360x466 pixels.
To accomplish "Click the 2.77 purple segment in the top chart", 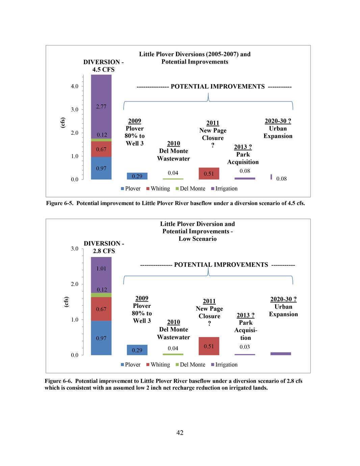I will (x=101, y=106).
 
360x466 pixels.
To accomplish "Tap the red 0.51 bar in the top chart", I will (x=209, y=174).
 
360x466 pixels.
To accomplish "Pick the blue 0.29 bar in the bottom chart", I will (x=137, y=350).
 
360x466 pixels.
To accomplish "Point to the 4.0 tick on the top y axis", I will (x=74, y=86).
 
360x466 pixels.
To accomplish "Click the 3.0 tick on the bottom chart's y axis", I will (x=74, y=249).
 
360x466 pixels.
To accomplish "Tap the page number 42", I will (x=180, y=433).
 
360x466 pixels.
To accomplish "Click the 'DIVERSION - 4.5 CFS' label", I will (x=103, y=66).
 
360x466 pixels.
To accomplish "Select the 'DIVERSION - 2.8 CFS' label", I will (x=104, y=247).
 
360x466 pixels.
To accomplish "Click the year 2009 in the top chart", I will (x=134, y=121).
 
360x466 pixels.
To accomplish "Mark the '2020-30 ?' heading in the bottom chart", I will (x=283, y=299).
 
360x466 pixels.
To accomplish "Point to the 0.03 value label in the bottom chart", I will (x=245, y=347).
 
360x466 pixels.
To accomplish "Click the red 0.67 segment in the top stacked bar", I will (x=101, y=149).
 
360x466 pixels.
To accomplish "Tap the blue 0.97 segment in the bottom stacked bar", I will (x=101, y=338).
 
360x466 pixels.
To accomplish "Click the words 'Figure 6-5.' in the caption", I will (x=59, y=203).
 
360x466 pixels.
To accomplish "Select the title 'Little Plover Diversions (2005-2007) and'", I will (x=195, y=54).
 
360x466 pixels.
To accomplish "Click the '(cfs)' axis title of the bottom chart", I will (x=66, y=302).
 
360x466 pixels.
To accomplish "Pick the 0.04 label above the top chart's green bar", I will (x=173, y=173).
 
